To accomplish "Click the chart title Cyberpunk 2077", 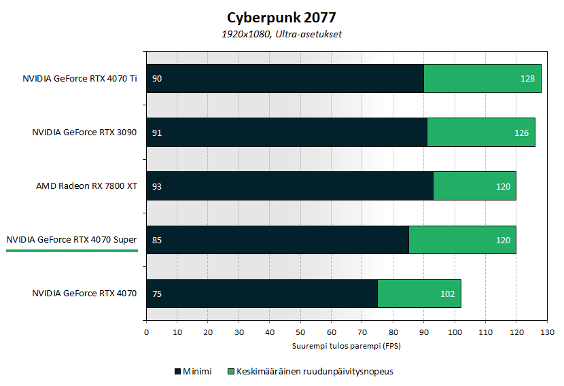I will point(282,16).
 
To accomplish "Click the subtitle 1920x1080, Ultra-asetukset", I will point(282,34).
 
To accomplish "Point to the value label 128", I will point(528,79).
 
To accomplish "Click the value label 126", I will point(522,133).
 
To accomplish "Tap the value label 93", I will point(157,186).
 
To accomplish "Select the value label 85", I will point(157,240).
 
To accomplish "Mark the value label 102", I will point(448,294).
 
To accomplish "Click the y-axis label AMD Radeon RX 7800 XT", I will point(86,186).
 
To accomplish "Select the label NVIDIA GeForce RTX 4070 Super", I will point(71,239).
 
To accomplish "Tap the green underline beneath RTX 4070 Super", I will point(71,250).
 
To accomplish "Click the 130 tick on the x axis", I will point(547,332).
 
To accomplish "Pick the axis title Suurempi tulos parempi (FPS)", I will point(347,346).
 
